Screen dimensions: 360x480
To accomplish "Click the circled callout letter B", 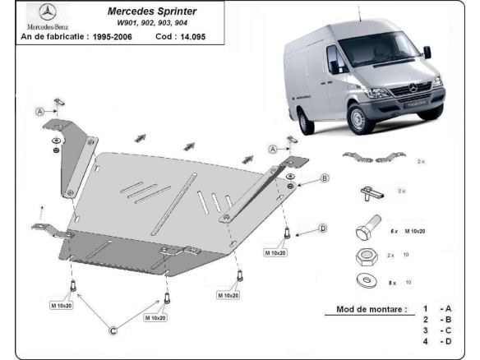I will (x=325, y=178).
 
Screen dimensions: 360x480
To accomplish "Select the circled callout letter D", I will (x=323, y=228).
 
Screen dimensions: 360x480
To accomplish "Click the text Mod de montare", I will (x=372, y=310).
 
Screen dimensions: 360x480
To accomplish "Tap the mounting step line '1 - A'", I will (x=435, y=308).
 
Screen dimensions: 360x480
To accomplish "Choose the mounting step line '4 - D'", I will (x=435, y=340).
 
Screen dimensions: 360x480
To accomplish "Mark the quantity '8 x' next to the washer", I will (x=394, y=283).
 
